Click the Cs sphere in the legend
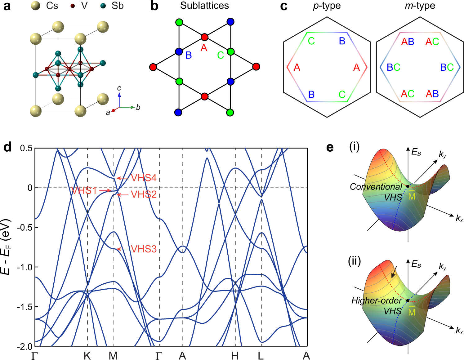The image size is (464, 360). pyautogui.click(x=36, y=6)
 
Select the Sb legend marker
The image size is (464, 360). pyautogui.click(x=103, y=6)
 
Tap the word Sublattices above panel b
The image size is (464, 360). pyautogui.click(x=204, y=6)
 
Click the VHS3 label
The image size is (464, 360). pyautogui.click(x=144, y=249)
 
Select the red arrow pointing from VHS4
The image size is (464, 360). pyautogui.click(x=123, y=178)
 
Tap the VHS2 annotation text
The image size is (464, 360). pyautogui.click(x=144, y=194)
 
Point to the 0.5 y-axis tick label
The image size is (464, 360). pyautogui.click(x=26, y=148)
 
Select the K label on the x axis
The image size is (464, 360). pyautogui.click(x=87, y=356)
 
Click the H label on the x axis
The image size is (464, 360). pyautogui.click(x=235, y=356)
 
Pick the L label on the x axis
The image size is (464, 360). pyautogui.click(x=261, y=356)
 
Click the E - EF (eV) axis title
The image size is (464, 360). pyautogui.click(x=6, y=247)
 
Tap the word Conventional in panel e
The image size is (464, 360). pyautogui.click(x=376, y=187)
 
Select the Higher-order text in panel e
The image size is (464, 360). pyautogui.click(x=376, y=300)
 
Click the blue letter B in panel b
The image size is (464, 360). pyautogui.click(x=189, y=55)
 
